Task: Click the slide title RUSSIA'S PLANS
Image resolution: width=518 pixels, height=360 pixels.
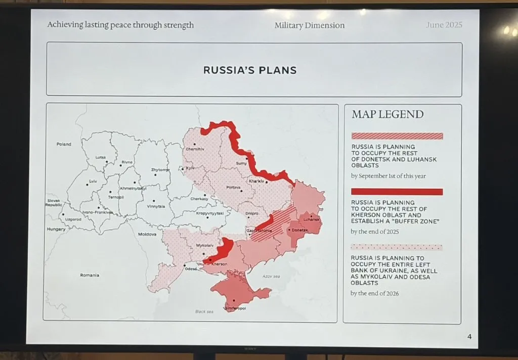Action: [x=250, y=70]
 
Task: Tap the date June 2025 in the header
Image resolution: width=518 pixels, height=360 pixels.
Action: [x=444, y=25]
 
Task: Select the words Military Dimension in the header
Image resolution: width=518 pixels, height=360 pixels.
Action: [x=310, y=25]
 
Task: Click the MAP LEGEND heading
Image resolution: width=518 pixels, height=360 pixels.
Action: [x=387, y=114]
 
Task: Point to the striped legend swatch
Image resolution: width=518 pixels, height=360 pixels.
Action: [x=397, y=136]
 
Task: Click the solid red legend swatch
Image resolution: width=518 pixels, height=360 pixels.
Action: [x=397, y=192]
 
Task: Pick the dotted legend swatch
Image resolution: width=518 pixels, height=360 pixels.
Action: [x=397, y=247]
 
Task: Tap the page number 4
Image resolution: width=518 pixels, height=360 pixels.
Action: [x=469, y=337]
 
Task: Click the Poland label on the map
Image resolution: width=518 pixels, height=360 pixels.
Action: [x=64, y=144]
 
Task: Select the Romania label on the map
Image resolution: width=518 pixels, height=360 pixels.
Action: [x=90, y=275]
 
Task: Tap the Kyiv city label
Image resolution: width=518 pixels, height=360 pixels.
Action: [x=190, y=168]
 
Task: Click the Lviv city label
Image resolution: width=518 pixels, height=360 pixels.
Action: [x=93, y=181]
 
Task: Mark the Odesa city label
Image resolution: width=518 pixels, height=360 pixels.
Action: [x=191, y=268]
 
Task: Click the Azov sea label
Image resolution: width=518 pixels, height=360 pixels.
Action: [x=271, y=277]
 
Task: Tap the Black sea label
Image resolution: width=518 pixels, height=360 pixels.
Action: [x=204, y=311]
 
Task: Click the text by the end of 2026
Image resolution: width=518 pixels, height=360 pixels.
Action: [x=375, y=293]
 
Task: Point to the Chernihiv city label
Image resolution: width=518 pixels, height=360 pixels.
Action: [x=195, y=149]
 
